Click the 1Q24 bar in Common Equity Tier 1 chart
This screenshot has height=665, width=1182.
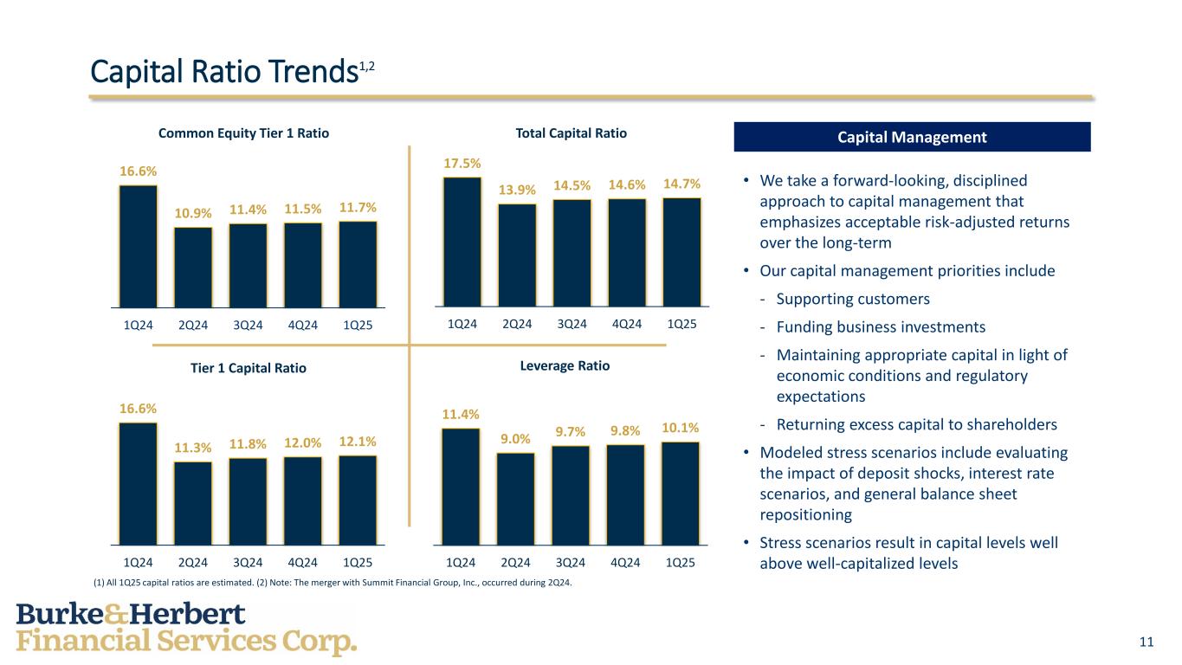coord(139,247)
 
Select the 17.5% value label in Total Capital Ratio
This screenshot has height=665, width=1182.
coord(462,163)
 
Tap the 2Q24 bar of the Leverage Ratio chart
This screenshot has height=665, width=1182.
coord(515,499)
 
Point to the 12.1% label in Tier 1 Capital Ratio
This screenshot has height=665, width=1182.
coord(358,442)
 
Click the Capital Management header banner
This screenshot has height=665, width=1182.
coord(912,137)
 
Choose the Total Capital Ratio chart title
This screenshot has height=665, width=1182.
coord(571,133)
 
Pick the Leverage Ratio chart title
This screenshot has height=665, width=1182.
coord(565,366)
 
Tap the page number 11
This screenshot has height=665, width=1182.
coord(1146,642)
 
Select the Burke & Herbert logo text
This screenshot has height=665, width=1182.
coord(186,629)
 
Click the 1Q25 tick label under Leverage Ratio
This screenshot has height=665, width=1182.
coord(681,563)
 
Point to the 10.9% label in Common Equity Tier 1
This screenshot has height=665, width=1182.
coord(192,213)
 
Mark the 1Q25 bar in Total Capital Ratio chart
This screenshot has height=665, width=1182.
coord(681,252)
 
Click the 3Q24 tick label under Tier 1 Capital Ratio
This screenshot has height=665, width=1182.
coord(248,563)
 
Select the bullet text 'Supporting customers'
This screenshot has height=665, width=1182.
coord(853,300)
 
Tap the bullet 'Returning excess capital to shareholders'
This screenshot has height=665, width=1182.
coord(916,425)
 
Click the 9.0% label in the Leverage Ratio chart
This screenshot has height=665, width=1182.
coord(515,439)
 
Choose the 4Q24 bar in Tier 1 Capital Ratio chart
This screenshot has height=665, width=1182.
coord(302,500)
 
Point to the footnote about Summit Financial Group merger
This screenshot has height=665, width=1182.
coord(333,583)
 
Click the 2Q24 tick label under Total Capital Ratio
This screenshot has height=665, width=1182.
coord(517,325)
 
